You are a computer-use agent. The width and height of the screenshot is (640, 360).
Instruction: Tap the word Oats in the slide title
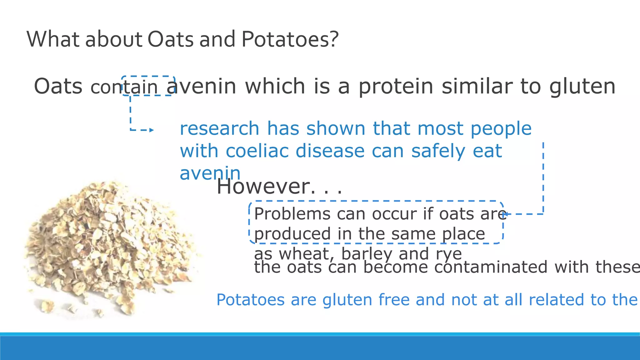170,39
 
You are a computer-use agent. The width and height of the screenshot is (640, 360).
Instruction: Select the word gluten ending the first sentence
582,86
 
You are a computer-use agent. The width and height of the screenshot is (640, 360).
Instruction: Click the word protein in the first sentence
396,86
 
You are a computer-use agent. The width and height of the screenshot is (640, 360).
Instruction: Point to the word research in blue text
219,128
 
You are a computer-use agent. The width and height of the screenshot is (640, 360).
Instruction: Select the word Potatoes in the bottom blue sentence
250,300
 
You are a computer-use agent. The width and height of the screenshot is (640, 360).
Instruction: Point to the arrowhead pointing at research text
152,130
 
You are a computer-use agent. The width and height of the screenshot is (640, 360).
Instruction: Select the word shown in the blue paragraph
336,128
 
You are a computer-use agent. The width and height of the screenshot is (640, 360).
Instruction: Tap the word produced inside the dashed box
292,234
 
